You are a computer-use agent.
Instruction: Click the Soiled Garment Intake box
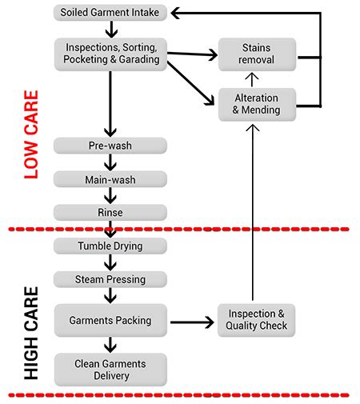(110, 13)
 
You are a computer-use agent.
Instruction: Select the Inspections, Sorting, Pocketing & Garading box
(110, 52)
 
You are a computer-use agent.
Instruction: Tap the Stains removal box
(257, 53)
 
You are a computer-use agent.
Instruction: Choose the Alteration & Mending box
(257, 105)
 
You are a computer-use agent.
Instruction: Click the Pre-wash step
(110, 146)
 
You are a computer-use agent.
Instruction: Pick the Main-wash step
(110, 178)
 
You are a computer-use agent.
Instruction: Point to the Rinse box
(110, 212)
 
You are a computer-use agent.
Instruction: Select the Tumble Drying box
(110, 246)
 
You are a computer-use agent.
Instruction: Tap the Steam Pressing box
(110, 279)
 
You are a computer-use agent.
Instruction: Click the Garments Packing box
(110, 320)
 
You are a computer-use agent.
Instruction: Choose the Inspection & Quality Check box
(257, 320)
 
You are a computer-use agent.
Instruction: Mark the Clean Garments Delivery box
(110, 369)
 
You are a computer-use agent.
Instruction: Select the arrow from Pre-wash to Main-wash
(110, 162)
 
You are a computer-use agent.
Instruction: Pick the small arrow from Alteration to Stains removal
(253, 78)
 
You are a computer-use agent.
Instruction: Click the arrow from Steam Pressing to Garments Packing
(110, 295)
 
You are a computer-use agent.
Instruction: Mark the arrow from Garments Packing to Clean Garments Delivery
(110, 345)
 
